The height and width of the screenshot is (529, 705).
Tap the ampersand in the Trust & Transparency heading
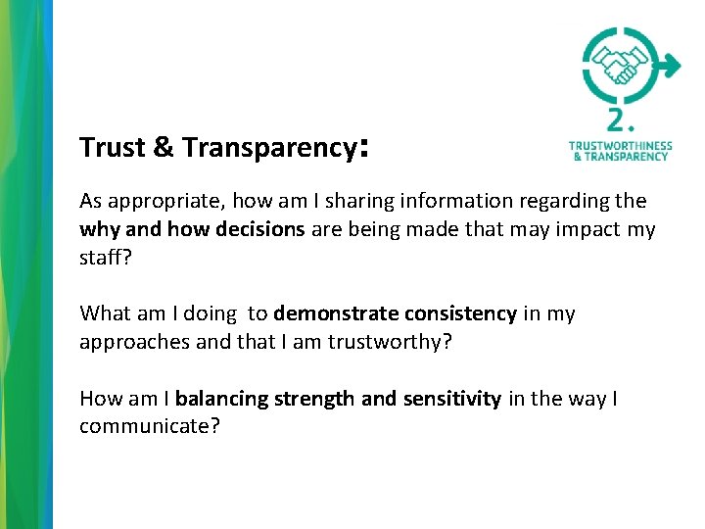(164, 148)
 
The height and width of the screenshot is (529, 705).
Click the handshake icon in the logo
(619, 67)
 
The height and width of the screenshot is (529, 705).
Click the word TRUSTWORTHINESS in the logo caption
(620, 146)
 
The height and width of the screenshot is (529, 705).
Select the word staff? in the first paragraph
(104, 259)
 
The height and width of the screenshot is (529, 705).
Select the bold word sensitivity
(450, 399)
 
